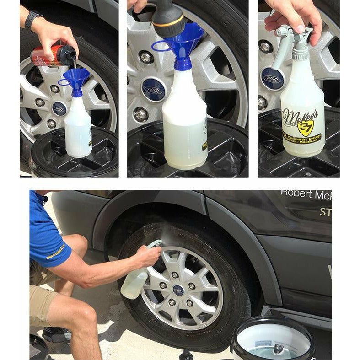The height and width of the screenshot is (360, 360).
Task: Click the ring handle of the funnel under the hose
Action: tap(160, 45)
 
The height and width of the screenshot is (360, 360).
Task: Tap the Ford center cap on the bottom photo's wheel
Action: tap(178, 290)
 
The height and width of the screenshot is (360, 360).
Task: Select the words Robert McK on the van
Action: tap(306, 194)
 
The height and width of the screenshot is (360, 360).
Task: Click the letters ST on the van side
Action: tap(325, 212)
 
